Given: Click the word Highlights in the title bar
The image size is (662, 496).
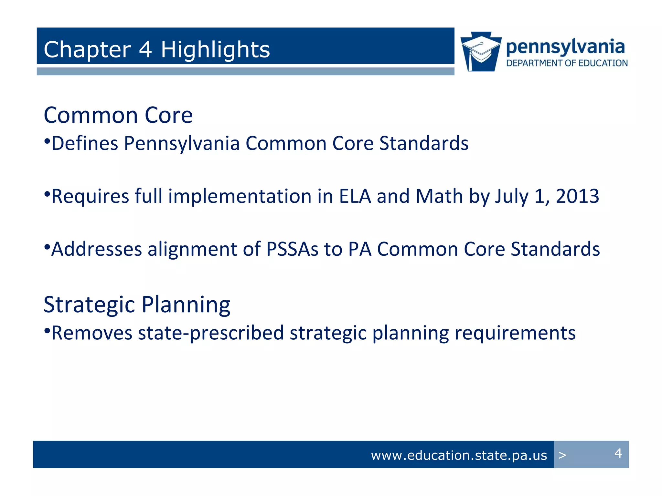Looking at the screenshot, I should (215, 50).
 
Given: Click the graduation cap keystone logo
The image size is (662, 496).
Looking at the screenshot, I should (481, 52).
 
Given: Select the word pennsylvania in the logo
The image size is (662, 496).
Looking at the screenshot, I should (565, 47).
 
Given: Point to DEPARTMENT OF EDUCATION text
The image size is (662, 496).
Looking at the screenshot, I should (567, 63).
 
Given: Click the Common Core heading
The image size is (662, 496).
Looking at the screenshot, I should (118, 115).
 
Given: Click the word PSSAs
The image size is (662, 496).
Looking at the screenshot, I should (292, 249).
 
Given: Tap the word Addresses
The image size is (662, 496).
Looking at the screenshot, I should (97, 249).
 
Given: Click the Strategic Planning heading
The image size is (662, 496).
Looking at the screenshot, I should (137, 305).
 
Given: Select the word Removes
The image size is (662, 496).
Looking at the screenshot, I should (92, 333).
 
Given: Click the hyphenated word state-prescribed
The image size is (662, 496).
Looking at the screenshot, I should (211, 333).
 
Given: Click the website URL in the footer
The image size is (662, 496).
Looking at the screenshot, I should (459, 455).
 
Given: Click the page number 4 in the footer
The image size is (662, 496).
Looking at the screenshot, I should (618, 453).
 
